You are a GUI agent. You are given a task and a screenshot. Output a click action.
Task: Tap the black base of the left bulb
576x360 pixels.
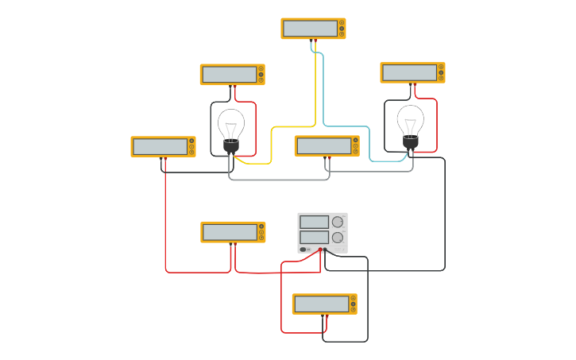(231, 146)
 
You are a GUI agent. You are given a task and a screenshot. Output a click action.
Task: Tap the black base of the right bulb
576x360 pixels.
(411, 141)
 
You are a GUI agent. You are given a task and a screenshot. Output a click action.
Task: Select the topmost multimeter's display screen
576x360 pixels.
(309, 29)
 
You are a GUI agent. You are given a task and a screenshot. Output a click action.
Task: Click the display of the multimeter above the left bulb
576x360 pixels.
(229, 75)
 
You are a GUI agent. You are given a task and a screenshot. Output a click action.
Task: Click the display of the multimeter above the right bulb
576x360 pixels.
(408, 73)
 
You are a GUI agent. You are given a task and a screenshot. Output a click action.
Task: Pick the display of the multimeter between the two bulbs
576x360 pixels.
(323, 146)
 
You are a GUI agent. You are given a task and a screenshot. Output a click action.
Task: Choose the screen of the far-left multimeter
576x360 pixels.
(159, 146)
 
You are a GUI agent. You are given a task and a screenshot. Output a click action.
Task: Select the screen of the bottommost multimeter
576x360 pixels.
(321, 304)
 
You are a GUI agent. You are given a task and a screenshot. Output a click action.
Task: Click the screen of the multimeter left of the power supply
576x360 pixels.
(230, 232)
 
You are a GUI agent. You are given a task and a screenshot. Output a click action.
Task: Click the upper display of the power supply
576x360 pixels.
(314, 222)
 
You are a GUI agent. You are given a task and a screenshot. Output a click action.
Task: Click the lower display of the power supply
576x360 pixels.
(314, 237)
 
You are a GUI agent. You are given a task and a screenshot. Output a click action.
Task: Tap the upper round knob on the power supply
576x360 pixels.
(338, 222)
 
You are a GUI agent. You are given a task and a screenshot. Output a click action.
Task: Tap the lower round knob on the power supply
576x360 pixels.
(338, 237)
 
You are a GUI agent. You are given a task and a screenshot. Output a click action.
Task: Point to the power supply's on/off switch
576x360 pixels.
(303, 250)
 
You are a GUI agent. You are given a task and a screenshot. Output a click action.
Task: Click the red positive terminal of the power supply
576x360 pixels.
(320, 250)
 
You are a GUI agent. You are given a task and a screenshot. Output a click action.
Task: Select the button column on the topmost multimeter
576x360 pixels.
(342, 29)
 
